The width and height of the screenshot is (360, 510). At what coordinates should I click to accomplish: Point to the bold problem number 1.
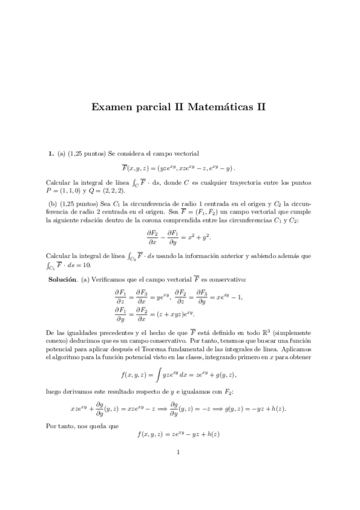(50, 153)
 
